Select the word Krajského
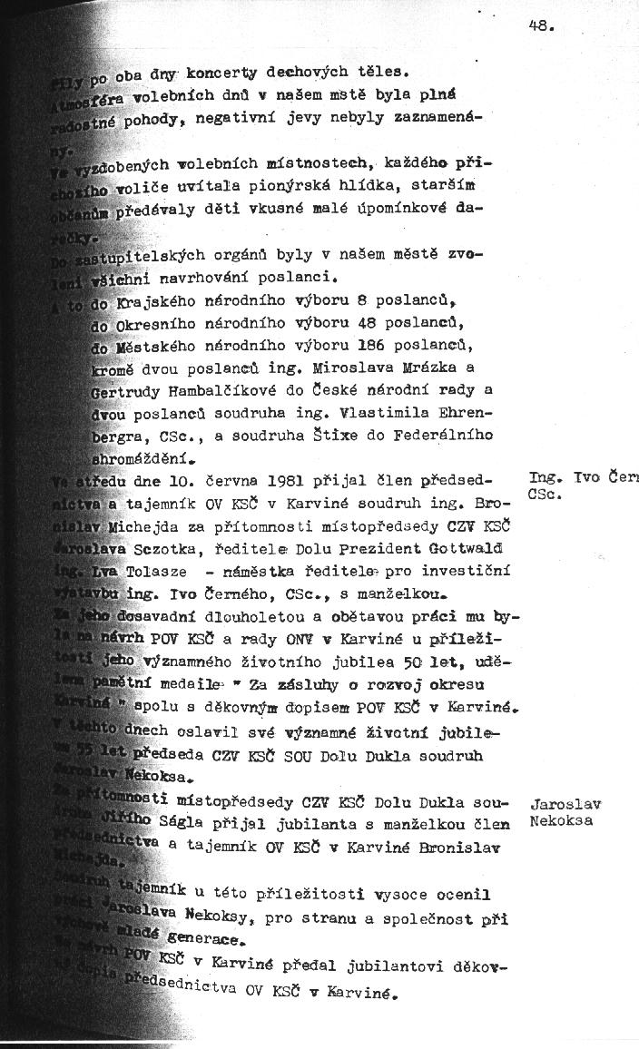tap(168, 299)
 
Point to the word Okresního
tap(168, 322)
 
